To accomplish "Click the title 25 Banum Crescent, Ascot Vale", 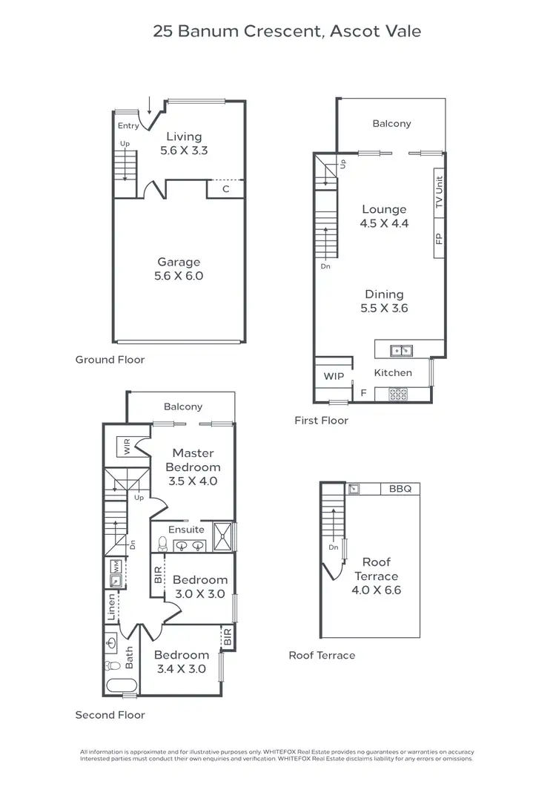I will pos(287,31).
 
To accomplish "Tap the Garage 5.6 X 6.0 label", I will pos(179,269).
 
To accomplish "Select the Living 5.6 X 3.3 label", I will pos(184,142).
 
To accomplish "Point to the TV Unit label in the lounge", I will pos(438,191).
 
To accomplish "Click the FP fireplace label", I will pos(438,239).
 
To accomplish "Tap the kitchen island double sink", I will pos(403,349).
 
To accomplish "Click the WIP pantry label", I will pos(334,376).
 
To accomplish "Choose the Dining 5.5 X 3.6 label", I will pos(384,301).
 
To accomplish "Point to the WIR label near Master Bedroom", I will pos(127,447).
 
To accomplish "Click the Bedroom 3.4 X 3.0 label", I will pos(182,662).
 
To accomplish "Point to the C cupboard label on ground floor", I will pos(226,189).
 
